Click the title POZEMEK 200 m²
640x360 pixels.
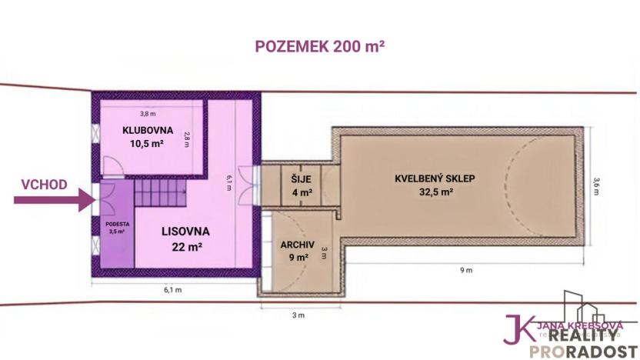[320, 45]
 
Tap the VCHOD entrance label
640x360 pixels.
[44, 185]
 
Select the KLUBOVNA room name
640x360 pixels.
[148, 130]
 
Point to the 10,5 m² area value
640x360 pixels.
[148, 144]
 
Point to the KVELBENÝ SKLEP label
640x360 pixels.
[435, 178]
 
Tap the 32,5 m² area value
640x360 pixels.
[435, 194]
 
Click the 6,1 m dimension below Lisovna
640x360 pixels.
[173, 290]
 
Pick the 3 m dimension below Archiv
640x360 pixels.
[298, 315]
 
